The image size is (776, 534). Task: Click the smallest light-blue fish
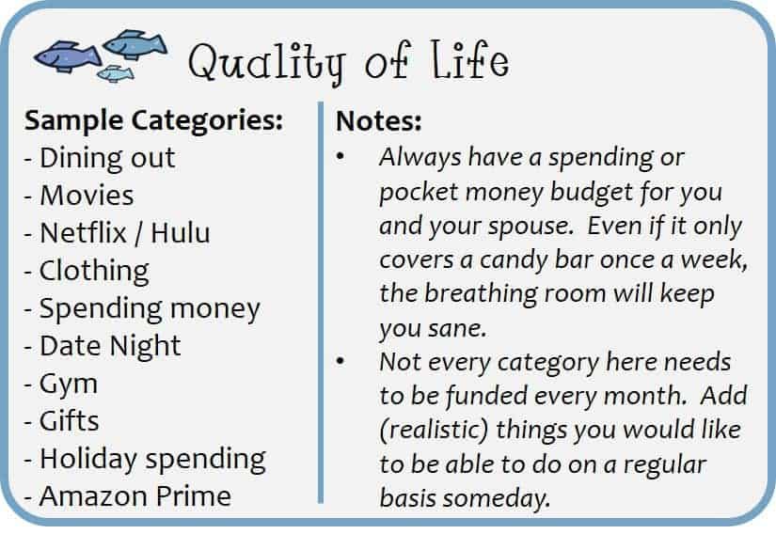click(116, 73)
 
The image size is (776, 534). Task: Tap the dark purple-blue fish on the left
click(68, 55)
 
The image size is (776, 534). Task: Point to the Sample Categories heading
click(153, 120)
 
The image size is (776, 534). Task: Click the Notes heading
click(379, 120)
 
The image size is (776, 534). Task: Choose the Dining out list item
click(107, 158)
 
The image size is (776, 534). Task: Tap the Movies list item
click(87, 196)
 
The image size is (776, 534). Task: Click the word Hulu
click(181, 232)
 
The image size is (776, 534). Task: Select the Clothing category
click(94, 271)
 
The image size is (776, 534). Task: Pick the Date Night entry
click(110, 346)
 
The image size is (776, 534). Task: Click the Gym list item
click(69, 385)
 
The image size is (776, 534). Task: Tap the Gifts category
click(69, 421)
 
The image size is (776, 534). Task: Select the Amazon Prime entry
click(135, 496)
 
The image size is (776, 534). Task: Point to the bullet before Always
click(340, 157)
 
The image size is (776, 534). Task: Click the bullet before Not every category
click(340, 361)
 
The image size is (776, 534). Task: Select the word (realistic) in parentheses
click(434, 430)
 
